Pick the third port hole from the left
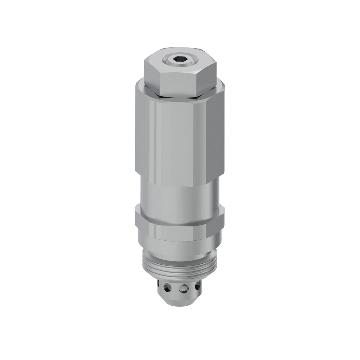tap(182, 289)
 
